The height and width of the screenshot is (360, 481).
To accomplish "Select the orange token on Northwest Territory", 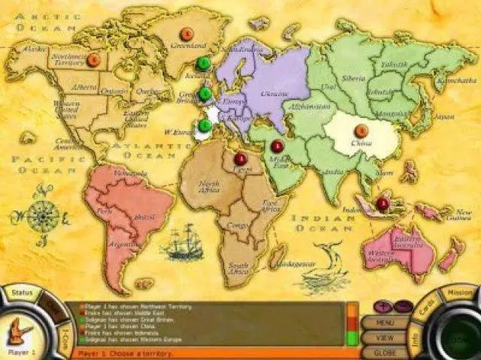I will pos(93,59).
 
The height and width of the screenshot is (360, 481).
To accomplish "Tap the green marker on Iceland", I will pos(203,64).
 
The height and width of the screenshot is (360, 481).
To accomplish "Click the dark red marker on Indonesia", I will pos(383,203).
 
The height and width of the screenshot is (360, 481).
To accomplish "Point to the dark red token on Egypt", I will pos(240,159).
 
